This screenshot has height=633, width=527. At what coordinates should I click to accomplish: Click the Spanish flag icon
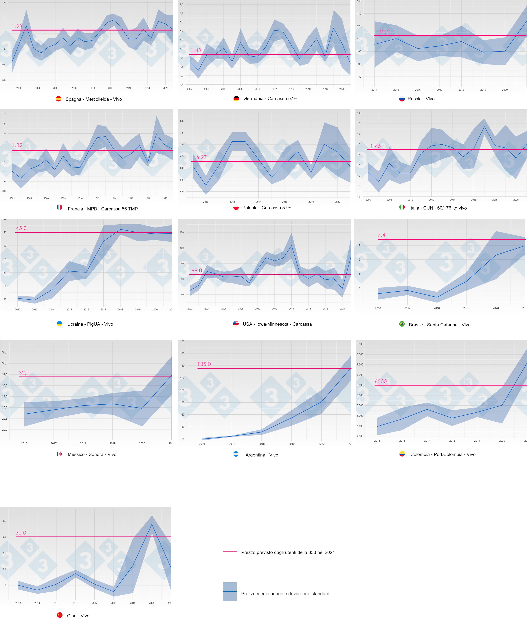58,99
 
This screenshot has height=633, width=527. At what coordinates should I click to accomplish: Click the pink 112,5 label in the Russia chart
382,32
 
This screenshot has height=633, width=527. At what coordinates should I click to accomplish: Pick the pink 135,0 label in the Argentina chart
204,364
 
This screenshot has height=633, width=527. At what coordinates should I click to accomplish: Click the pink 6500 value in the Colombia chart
381,382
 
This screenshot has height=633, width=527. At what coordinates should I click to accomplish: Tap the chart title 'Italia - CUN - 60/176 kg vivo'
438,208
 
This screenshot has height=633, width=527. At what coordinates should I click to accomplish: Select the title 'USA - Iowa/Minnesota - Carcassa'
277,324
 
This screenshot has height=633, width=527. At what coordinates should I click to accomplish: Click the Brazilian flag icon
402,324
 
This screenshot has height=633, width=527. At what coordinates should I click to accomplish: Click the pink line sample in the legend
230,551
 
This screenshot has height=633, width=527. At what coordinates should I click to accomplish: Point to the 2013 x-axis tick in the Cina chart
18,603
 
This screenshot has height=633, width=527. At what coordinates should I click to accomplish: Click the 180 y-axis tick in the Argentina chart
182,341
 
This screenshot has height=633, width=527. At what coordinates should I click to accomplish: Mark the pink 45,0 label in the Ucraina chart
21,228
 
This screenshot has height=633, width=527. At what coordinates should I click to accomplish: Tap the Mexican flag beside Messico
59,454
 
